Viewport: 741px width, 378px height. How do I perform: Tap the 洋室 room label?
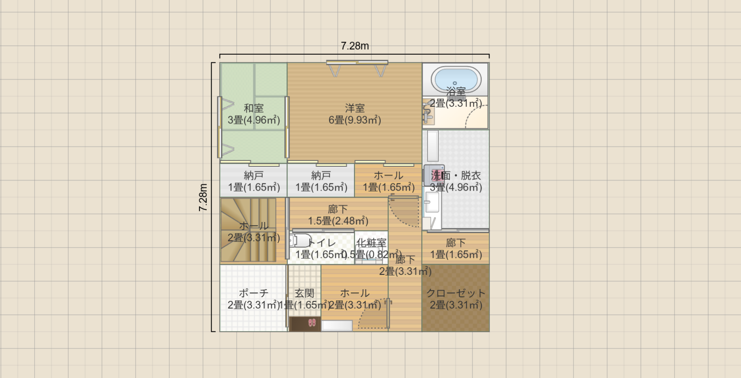click(x=355, y=109)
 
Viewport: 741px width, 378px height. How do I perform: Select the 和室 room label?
click(x=254, y=109)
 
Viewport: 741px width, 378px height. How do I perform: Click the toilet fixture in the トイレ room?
click(x=300, y=241)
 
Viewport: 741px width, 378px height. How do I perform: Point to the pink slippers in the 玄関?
click(x=312, y=323)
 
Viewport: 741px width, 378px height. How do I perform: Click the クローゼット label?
click(x=456, y=293)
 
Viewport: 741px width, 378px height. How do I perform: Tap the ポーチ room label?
click(x=254, y=293)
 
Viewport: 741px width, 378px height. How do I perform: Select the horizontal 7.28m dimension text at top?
click(x=355, y=46)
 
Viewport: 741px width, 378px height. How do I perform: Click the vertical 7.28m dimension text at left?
click(x=203, y=197)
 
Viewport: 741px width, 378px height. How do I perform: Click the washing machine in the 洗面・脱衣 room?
click(x=433, y=175)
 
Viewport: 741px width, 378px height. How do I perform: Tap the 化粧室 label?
click(x=371, y=243)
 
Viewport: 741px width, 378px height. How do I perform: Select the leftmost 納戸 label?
click(x=254, y=176)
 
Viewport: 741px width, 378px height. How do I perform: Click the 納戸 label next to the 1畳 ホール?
click(x=321, y=176)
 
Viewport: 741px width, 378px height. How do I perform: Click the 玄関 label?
click(x=304, y=293)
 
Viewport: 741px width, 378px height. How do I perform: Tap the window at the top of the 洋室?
click(x=357, y=63)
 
